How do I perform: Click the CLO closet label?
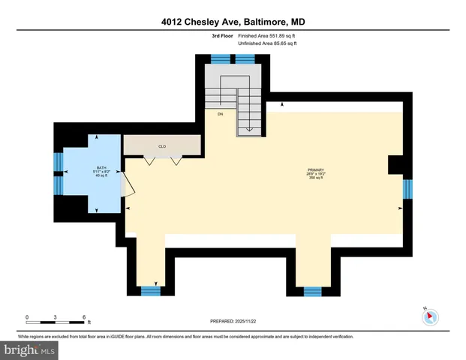[161, 146]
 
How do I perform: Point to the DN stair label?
[221, 115]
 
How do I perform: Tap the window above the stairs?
[221, 58]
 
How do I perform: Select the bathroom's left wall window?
[57, 163]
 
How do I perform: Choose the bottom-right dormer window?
[312, 290]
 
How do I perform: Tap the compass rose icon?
[430, 316]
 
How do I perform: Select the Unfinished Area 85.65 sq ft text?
[267, 44]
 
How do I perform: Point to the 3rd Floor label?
[221, 36]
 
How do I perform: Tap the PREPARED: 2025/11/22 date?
[233, 321]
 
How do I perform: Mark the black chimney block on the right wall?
[395, 165]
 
